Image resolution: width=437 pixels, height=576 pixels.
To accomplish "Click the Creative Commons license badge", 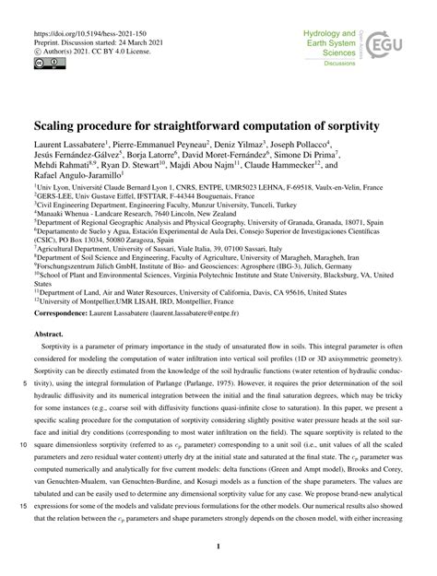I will tap(47, 61).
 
